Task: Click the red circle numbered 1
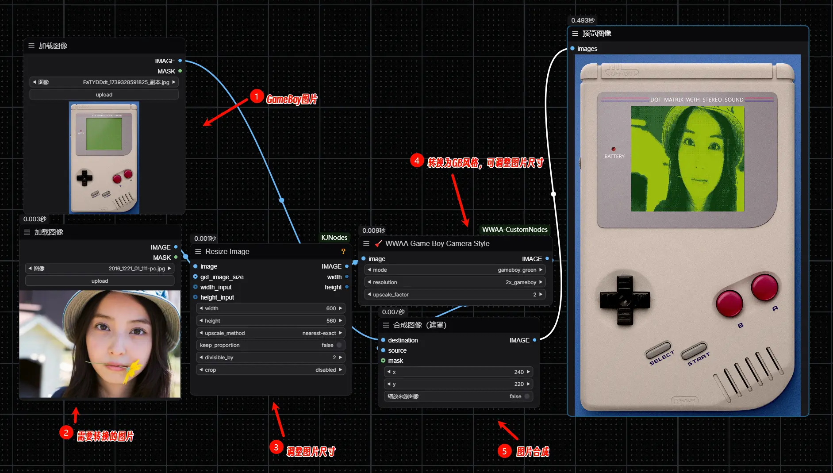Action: (x=257, y=96)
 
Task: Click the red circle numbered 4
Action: (x=417, y=160)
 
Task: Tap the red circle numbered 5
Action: (x=504, y=451)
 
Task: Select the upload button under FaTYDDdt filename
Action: (x=104, y=95)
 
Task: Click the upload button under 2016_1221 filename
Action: (x=100, y=281)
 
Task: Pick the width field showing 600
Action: (x=271, y=308)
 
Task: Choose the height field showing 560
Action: (x=271, y=321)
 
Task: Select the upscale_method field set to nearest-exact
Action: (x=271, y=333)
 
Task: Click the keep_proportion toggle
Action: (x=339, y=345)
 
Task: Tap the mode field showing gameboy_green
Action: (x=455, y=270)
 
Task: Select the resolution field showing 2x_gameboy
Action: (x=455, y=282)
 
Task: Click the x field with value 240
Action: (x=458, y=372)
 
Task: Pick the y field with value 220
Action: (x=458, y=384)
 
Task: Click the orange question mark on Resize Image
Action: (x=343, y=251)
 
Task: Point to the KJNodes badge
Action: (x=334, y=238)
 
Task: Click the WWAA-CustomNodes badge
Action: (x=514, y=230)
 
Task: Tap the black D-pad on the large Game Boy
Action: (x=625, y=300)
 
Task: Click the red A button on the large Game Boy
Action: (x=764, y=287)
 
